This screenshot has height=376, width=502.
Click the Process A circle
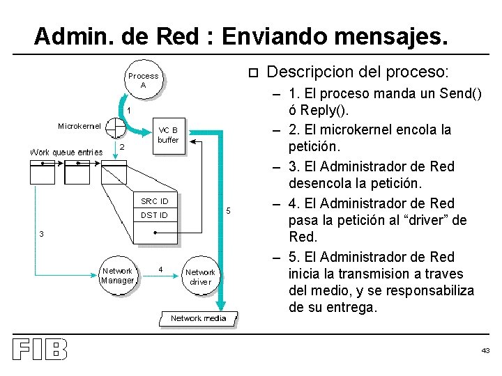143,80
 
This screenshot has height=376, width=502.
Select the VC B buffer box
168,135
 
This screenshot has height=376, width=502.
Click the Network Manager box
117,276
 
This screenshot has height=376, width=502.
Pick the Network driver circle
200,277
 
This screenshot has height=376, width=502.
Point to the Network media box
199,318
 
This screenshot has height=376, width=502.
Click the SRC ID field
155,201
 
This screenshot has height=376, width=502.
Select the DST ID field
155,215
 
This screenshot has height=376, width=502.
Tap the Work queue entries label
66,152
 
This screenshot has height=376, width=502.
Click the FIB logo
40,350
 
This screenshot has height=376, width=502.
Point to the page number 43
485,350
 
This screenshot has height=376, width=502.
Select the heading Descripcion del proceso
358,72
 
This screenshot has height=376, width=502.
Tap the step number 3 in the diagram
42,235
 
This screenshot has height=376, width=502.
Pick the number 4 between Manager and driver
161,269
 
